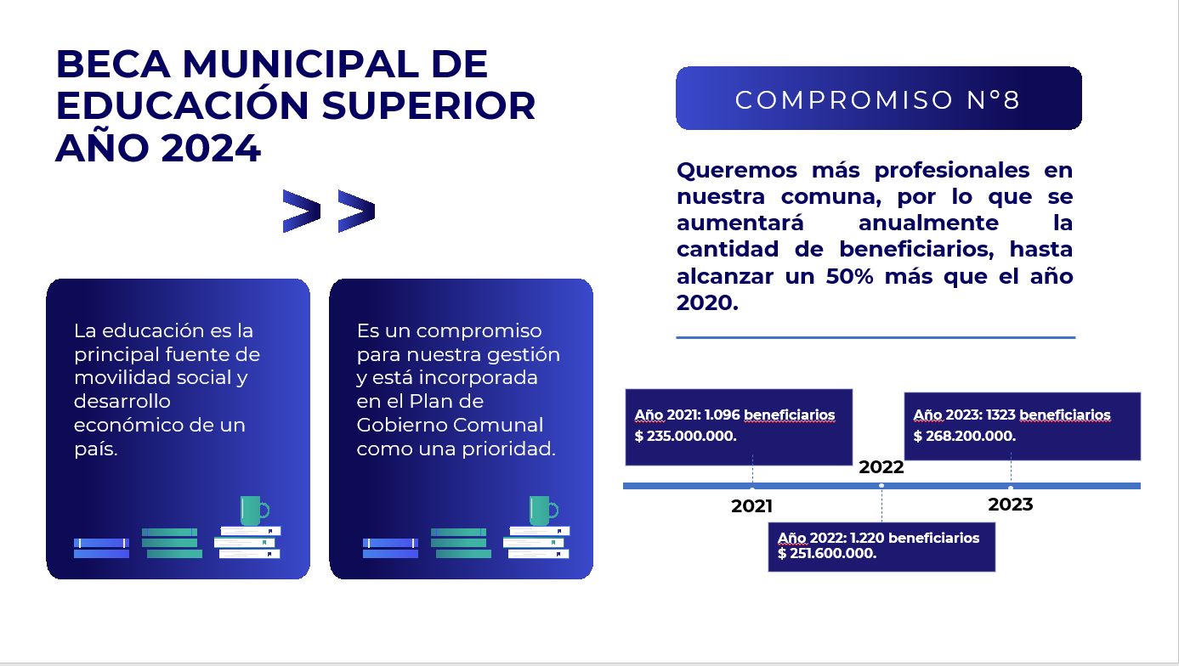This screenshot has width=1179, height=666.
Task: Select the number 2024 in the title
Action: coord(211,148)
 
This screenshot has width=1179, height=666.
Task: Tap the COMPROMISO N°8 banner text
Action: coord(878,100)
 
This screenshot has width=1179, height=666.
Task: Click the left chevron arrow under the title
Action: coord(302,211)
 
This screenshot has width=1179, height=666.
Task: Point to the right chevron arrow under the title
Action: coord(356,211)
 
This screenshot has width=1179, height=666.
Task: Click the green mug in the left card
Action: coord(254,511)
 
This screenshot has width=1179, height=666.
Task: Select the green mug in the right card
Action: coord(543,511)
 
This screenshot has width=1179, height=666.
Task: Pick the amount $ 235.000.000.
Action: coord(685,436)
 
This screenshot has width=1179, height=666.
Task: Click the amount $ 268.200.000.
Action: coord(964,436)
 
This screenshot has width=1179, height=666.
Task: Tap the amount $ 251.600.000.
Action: coord(827,553)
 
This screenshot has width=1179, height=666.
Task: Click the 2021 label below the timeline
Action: coord(751,506)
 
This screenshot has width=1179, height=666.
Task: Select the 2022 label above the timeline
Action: coord(881,467)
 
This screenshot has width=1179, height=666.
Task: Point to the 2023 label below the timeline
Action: coord(1011,505)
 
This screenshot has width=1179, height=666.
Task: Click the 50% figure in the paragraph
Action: coord(849,276)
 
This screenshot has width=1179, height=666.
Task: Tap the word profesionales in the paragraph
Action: coord(952,171)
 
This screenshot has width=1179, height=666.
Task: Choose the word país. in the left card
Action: coord(96,449)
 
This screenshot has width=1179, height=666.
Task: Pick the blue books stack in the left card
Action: coord(102,548)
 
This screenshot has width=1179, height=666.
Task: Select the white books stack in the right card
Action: coord(536,542)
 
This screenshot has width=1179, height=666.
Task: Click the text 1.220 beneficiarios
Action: coord(915,538)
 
